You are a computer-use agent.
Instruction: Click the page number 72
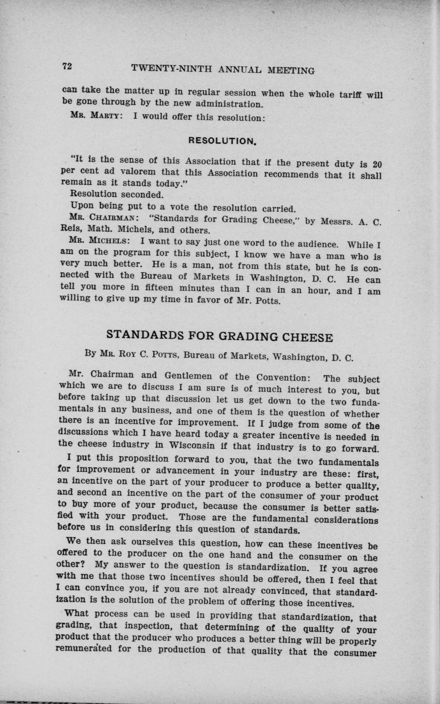pyautogui.click(x=66, y=66)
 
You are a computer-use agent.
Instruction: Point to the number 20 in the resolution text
pyautogui.click(x=377, y=164)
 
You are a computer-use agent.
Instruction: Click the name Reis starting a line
pyautogui.click(x=70, y=230)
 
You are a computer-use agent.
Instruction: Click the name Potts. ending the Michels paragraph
pyautogui.click(x=266, y=301)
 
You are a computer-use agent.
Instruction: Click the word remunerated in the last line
pyautogui.click(x=90, y=650)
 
